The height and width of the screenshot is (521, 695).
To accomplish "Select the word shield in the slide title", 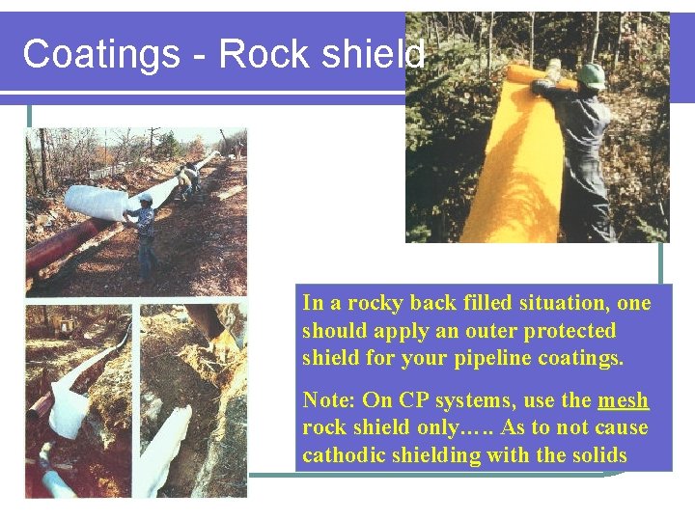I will (x=372, y=54).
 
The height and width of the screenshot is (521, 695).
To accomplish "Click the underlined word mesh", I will (x=623, y=400).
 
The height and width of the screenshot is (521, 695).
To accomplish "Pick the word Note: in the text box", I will (x=328, y=400).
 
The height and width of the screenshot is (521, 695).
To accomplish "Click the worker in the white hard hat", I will (x=145, y=232).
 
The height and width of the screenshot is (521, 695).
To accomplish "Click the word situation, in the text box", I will (x=566, y=303).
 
